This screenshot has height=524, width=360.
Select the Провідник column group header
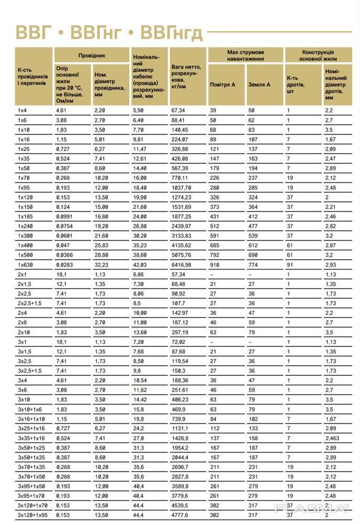pos(92,54)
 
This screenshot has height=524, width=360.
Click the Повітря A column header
pos(222,84)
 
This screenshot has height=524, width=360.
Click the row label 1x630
pos(25,265)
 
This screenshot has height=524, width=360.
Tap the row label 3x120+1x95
pos(33,516)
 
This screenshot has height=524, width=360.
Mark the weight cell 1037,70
pos(181,188)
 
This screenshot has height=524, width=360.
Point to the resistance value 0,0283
pos(64,265)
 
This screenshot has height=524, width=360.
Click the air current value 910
pos(215,265)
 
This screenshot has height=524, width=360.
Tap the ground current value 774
pos(253,265)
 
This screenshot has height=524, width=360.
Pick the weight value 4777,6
pos(180,516)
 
